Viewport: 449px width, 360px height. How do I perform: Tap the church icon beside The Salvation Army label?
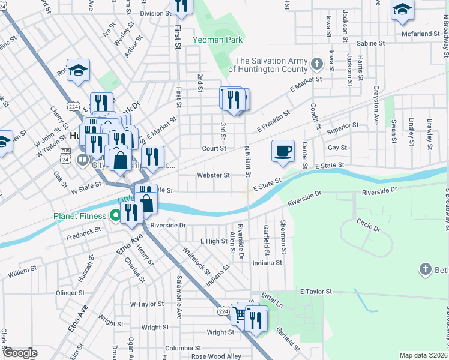(317, 62)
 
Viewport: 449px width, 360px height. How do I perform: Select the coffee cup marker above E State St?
(283, 151)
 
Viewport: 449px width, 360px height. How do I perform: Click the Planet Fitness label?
(80, 216)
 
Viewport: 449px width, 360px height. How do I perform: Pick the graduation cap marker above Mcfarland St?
(402, 10)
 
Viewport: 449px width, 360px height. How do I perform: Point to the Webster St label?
(214, 176)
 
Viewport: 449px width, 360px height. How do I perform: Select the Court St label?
(214, 148)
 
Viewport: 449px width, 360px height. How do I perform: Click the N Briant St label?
(247, 161)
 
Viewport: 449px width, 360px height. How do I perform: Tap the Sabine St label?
(370, 43)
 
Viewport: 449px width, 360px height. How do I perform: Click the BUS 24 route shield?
(65, 157)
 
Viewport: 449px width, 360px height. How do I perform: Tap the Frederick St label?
(83, 232)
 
